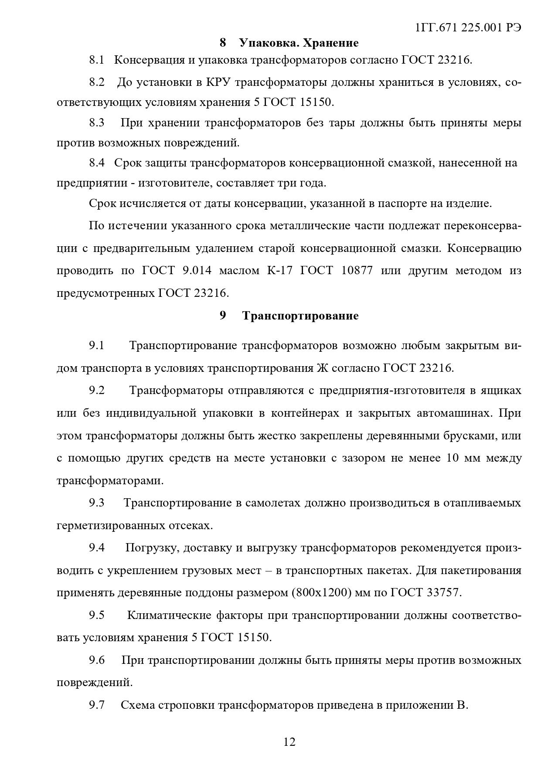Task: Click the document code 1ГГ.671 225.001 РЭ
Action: [x=468, y=27]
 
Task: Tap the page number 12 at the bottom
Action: [x=289, y=741]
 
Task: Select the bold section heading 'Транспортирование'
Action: [x=300, y=316]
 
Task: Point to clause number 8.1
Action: [x=97, y=60]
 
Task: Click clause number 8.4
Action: [x=97, y=163]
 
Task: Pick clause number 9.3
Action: [x=97, y=503]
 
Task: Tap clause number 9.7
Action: [x=97, y=705]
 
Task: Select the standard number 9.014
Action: [x=195, y=271]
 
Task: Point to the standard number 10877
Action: [x=357, y=271]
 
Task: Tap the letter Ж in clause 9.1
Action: [x=321, y=368]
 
